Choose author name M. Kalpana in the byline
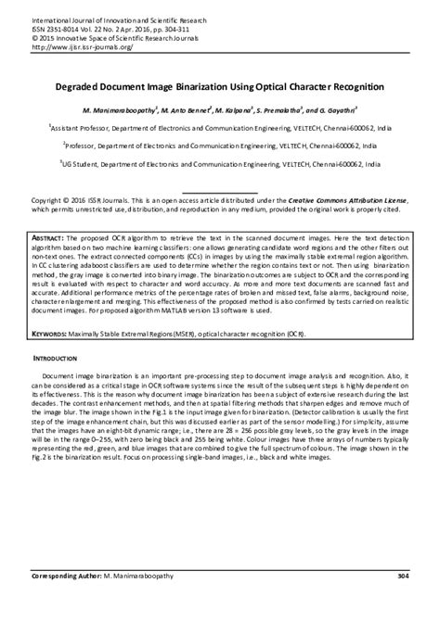[x=243, y=110]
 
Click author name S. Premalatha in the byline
[x=295, y=110]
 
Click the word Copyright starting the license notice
[x=50, y=200]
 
